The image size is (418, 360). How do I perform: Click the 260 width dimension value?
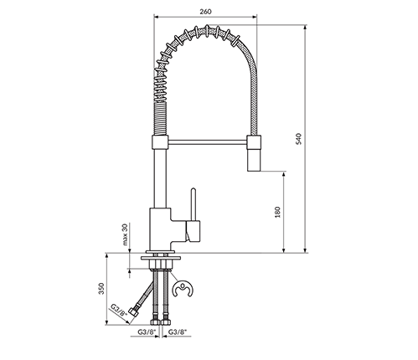206,12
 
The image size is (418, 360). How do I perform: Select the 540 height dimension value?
299,139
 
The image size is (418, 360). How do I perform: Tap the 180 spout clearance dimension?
277,213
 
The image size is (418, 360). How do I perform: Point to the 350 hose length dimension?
101,289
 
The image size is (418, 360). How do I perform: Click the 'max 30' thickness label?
125,234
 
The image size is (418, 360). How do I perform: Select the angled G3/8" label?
118,310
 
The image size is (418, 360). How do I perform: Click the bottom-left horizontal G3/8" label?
147,332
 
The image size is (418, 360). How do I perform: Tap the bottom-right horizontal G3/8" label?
178,332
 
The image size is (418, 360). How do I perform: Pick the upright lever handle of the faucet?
194,204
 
